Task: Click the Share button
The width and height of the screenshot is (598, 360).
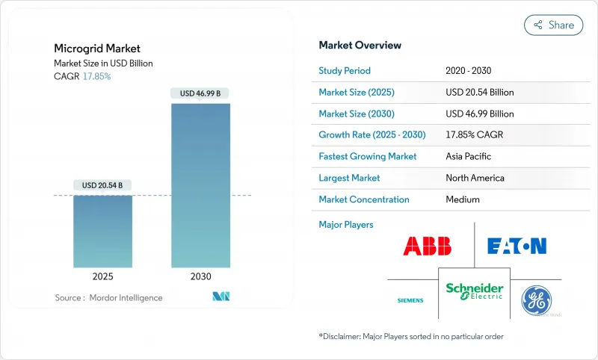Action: tap(554, 25)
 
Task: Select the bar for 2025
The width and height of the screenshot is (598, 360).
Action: tap(102, 232)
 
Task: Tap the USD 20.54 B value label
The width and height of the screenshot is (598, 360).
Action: tap(102, 185)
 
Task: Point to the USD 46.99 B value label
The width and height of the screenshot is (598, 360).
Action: tap(200, 93)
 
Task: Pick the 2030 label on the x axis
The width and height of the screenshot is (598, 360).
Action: tap(200, 276)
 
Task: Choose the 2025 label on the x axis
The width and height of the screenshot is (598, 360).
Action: tap(102, 276)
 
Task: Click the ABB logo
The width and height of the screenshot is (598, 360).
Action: tap(428, 246)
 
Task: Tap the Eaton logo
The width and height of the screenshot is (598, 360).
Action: tap(517, 246)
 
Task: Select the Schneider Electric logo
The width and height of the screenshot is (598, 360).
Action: tap(475, 291)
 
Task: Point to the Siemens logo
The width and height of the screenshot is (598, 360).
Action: tap(410, 300)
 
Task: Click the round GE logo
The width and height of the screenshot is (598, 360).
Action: tap(536, 299)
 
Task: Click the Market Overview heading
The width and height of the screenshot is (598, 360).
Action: tap(360, 45)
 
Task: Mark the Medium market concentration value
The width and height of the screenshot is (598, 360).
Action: tap(462, 199)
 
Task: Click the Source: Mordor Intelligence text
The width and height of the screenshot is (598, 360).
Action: tap(108, 298)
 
